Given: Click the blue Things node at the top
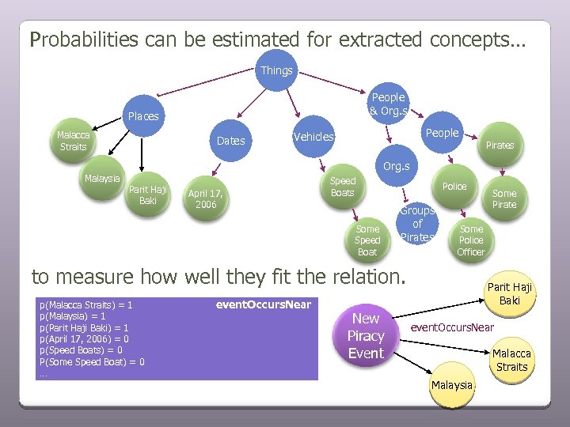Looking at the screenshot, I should (x=276, y=70).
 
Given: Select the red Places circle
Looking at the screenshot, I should (x=143, y=116).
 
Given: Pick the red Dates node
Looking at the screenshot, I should (x=230, y=141).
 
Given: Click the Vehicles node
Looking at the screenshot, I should (x=313, y=137).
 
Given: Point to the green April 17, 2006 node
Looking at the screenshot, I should (x=205, y=198).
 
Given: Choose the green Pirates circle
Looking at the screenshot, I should (x=500, y=145).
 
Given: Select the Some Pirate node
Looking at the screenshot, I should (x=503, y=198).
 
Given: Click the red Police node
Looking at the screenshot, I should (x=454, y=187).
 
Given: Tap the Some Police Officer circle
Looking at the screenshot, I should (x=470, y=240).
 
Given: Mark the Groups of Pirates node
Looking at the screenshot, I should (x=416, y=224).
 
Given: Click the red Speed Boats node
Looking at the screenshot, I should (x=342, y=187).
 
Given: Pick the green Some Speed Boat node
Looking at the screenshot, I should (x=367, y=240).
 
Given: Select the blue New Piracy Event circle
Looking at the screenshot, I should (x=366, y=336).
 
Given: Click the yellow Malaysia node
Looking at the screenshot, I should (x=452, y=385).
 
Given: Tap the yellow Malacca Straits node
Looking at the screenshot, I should (x=511, y=360).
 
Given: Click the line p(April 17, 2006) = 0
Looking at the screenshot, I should (x=84, y=338).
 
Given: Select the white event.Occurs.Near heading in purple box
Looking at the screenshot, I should (x=263, y=304).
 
